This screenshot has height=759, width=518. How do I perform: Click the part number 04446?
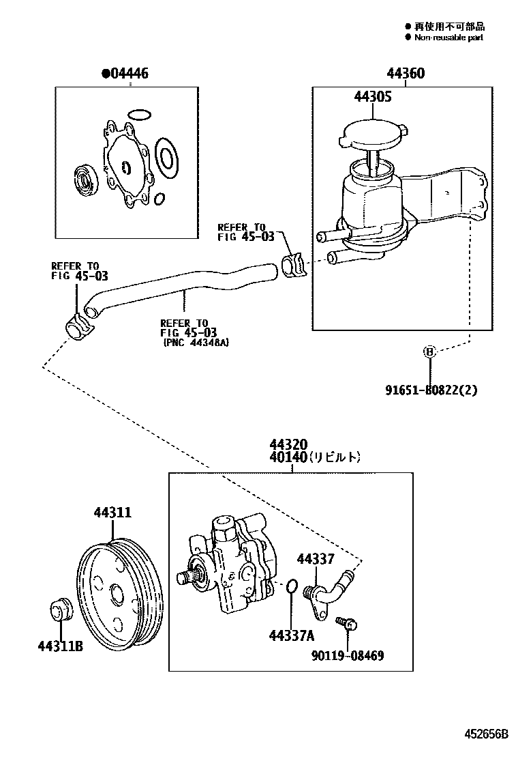coord(127,74)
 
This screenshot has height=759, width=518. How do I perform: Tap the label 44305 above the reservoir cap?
coord(372,97)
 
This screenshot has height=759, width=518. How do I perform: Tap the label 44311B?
coord(60,646)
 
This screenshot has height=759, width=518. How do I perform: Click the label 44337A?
coord(291,636)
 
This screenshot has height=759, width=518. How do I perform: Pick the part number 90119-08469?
coord(348,655)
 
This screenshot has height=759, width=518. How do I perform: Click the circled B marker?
coord(429,352)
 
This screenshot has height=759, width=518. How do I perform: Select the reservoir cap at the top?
coord(371,135)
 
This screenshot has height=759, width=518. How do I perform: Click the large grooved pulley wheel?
coord(119,594)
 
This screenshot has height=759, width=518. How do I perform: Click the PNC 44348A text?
coord(196,343)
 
